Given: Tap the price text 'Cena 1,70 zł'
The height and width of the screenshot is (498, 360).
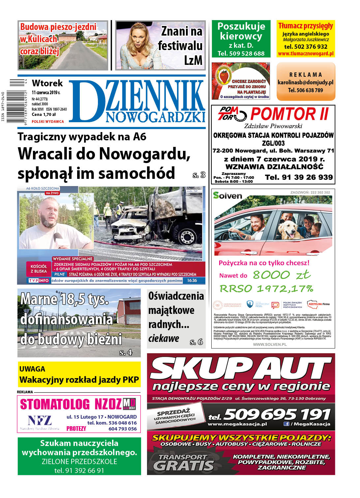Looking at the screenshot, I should pyautogui.click(x=44, y=115).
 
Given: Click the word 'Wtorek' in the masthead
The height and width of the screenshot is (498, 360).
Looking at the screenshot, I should pyautogui.click(x=47, y=83).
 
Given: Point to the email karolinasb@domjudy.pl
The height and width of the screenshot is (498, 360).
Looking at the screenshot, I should pyautogui.click(x=305, y=82).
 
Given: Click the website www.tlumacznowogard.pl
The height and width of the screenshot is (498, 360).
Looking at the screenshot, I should pyautogui.click(x=306, y=53).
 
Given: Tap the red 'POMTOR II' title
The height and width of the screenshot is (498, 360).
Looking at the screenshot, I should pyautogui.click(x=289, y=114).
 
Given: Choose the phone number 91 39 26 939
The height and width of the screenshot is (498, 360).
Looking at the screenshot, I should pyautogui.click(x=299, y=177).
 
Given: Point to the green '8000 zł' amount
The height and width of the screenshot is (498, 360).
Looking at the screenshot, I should pyautogui.click(x=281, y=275).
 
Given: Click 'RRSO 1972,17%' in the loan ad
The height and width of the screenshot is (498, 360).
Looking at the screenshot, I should pyautogui.click(x=266, y=289).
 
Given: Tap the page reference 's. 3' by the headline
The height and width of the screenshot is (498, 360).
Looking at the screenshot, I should pyautogui.click(x=199, y=175).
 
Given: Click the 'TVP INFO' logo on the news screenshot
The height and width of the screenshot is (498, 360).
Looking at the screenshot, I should pyautogui.click(x=39, y=281).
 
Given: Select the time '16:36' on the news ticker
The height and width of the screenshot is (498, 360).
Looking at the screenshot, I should pyautogui.click(x=192, y=281).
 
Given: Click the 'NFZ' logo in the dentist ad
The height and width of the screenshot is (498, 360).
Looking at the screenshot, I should pyautogui.click(x=40, y=421).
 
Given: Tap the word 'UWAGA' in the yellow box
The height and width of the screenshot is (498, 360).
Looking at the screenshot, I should pyautogui.click(x=32, y=369).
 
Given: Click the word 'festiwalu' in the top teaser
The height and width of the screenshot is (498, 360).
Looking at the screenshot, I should pyautogui.click(x=180, y=46).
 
